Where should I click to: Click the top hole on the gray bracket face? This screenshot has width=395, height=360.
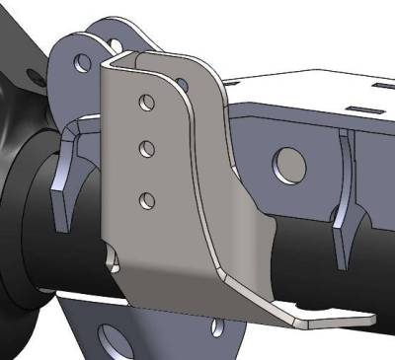point(146,102)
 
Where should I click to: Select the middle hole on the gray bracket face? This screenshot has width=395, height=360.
point(146,149)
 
